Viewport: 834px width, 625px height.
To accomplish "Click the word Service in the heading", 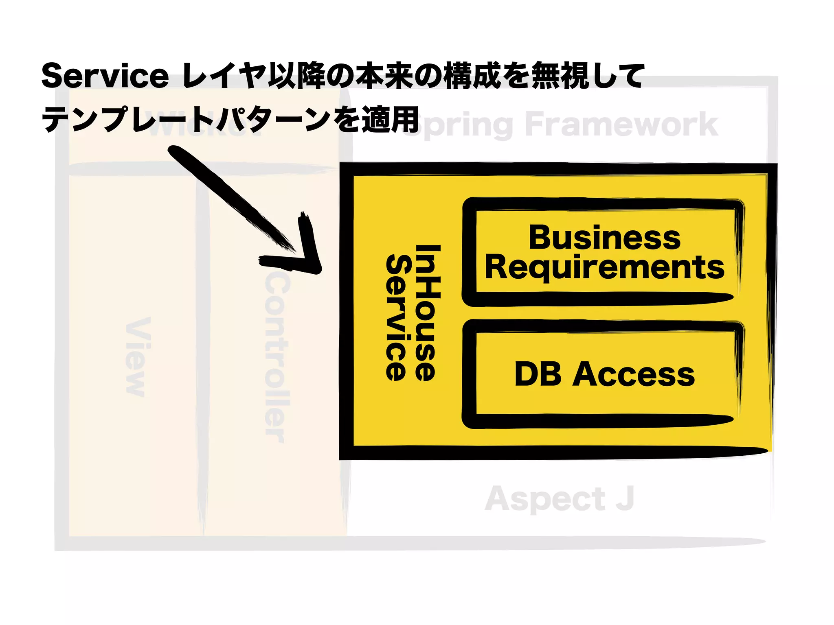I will tap(105, 76).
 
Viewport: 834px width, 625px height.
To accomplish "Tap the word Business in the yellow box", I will tap(604, 238).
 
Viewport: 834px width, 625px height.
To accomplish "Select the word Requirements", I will tap(604, 267).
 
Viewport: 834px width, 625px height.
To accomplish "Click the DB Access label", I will tap(604, 374).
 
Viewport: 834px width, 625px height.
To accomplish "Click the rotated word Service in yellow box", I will tap(396, 317).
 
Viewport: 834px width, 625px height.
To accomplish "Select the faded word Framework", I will tap(621, 124).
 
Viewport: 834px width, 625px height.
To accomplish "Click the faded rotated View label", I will tap(138, 356).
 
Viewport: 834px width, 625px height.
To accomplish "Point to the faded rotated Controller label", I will tap(277, 358).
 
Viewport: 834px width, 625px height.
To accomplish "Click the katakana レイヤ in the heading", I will tap(224, 76).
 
